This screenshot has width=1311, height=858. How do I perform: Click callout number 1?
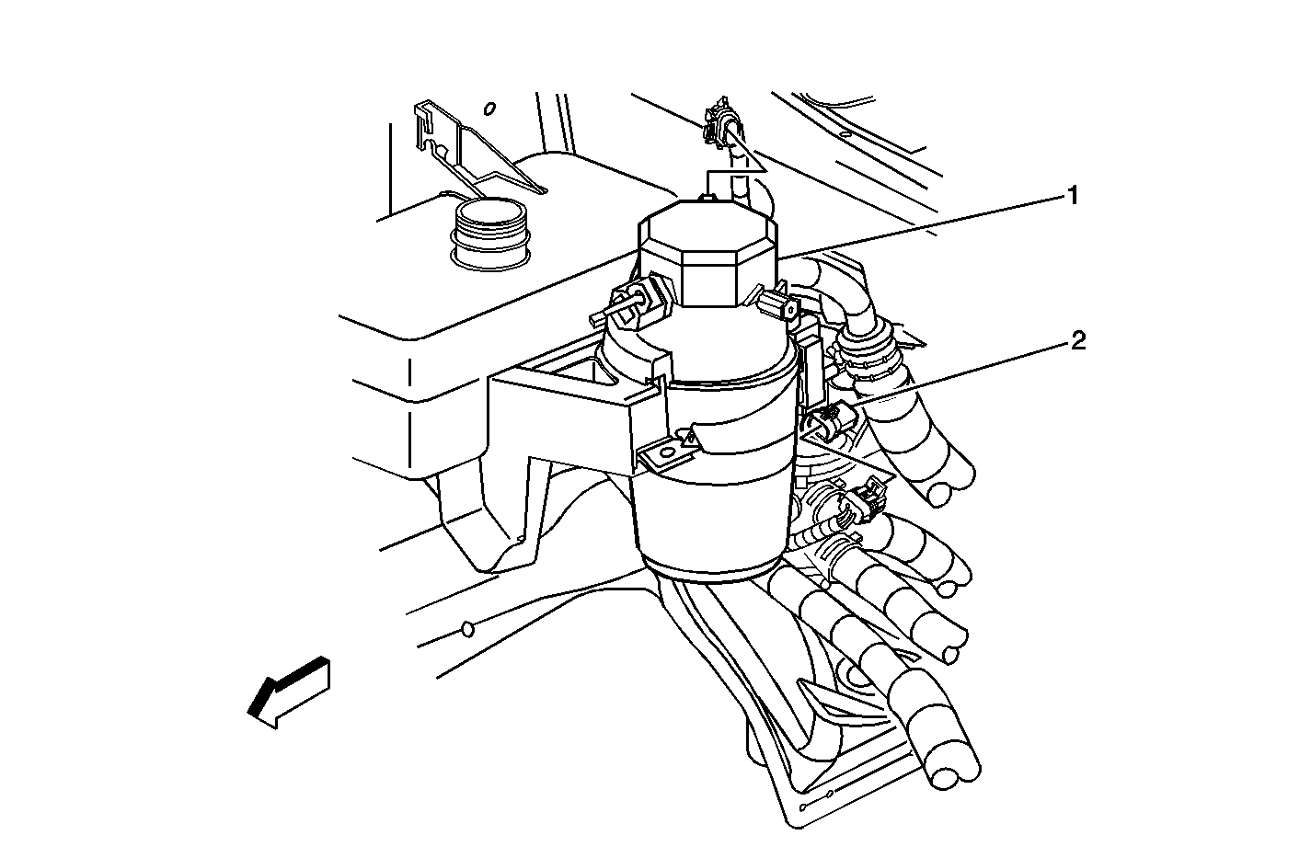[x=1073, y=196]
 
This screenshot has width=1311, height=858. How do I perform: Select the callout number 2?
[x=1078, y=340]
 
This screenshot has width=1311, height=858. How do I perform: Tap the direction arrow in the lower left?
[x=289, y=692]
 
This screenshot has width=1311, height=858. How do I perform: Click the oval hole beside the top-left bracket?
[x=489, y=109]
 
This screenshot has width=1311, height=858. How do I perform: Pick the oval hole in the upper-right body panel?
[x=844, y=136]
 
